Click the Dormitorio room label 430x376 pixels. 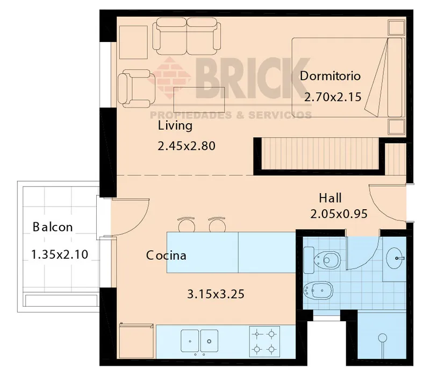point(330,76)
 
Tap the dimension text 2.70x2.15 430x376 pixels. point(333,97)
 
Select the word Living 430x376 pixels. point(175,126)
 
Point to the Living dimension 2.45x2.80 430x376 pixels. point(187,146)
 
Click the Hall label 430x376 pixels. point(330,198)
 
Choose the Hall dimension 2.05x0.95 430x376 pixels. point(339,214)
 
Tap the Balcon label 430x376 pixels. point(53,227)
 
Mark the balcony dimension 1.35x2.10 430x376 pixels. point(60,254)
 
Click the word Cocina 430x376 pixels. point(166,256)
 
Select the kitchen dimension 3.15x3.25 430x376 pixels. point(216,294)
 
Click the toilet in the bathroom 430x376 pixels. point(322,260)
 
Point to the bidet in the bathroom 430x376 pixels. point(318,290)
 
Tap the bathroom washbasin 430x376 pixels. point(395,258)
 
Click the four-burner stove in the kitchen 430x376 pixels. point(264,342)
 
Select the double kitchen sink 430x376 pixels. point(199,341)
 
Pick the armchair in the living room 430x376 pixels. point(137,88)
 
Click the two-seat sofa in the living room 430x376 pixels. point(187,36)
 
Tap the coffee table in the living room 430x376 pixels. point(199,100)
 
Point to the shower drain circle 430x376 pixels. point(382,338)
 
